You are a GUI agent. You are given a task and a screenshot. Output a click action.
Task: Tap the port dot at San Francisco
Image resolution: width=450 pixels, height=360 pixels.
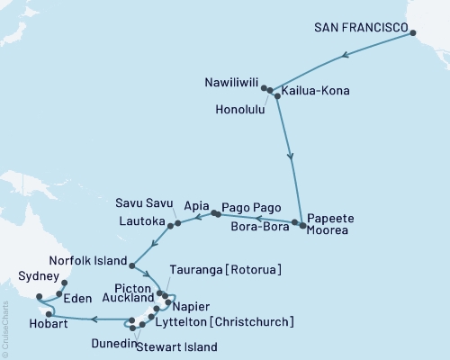(x=414, y=34)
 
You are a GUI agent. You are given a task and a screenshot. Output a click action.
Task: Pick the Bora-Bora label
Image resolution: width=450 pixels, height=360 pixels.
(x=263, y=229)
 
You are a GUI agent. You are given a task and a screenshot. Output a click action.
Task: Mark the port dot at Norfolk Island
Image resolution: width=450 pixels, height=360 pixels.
(x=132, y=265)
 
